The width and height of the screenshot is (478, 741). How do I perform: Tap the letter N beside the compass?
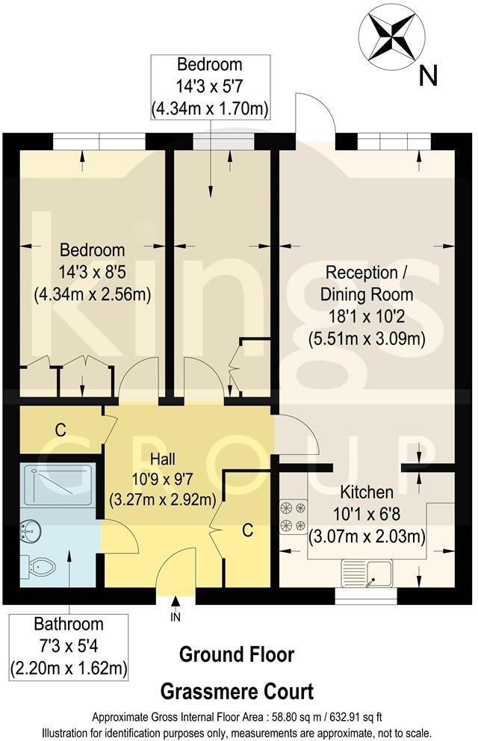pyautogui.click(x=428, y=75)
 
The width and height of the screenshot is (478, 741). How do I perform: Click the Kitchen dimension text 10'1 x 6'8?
pyautogui.click(x=367, y=515)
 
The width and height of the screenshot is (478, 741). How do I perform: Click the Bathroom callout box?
pyautogui.click(x=68, y=645)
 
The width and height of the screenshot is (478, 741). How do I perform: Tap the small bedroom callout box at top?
pyautogui.click(x=210, y=86)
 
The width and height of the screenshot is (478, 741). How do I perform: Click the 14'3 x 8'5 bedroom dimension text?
pyautogui.click(x=93, y=272)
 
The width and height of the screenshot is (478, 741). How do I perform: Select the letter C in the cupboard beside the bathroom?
pyautogui.click(x=60, y=430)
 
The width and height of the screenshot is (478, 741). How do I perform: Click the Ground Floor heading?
pyautogui.click(x=237, y=655)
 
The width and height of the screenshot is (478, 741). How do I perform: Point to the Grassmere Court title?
pyautogui.click(x=238, y=691)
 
